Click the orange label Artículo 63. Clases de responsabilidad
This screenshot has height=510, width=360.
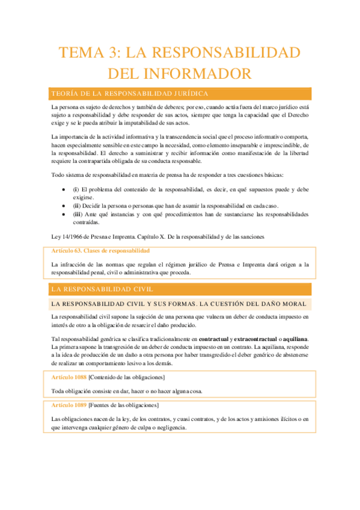pyautogui.click(x=101, y=250)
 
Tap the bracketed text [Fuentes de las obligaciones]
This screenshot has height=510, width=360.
pyautogui.click(x=123, y=405)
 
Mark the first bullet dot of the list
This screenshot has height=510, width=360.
pyautogui.click(x=65, y=189)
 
